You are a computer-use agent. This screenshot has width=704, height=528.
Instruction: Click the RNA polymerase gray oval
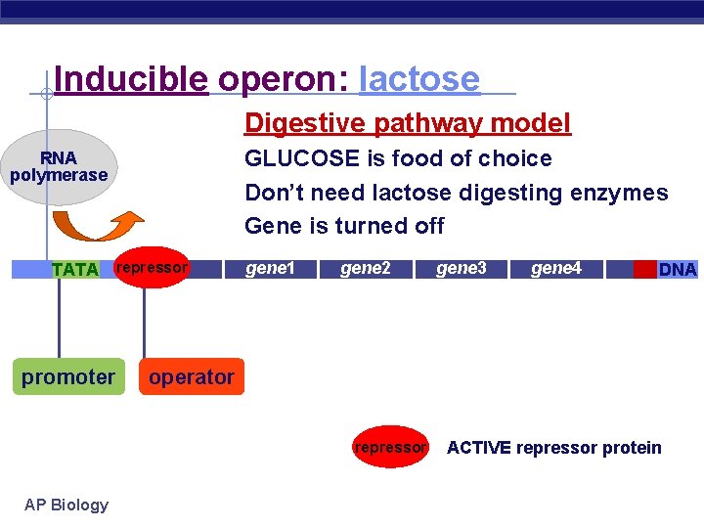[x=59, y=166]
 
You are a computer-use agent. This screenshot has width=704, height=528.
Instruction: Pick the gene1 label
[x=269, y=268]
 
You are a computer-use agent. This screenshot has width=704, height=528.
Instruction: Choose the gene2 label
[x=365, y=268]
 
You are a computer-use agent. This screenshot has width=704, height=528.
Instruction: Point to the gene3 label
[x=461, y=268]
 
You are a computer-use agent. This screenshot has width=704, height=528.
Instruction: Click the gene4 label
[x=555, y=268]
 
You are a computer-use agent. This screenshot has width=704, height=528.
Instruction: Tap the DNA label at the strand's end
[x=678, y=270]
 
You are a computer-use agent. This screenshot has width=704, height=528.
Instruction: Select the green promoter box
[x=68, y=377]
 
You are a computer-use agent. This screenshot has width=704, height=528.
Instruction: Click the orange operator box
[x=192, y=377]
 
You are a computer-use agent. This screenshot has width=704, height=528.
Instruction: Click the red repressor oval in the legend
[x=390, y=448]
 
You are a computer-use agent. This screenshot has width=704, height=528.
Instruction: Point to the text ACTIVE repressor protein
[x=553, y=448]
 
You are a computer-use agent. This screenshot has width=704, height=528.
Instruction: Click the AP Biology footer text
[x=66, y=505]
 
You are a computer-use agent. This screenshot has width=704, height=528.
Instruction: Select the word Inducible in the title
[x=131, y=79]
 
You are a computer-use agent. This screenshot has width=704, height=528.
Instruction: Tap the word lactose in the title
[x=419, y=79]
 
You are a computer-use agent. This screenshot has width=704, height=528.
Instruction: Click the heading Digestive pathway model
[x=408, y=123]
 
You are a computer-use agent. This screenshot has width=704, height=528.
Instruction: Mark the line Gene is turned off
[x=344, y=226]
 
